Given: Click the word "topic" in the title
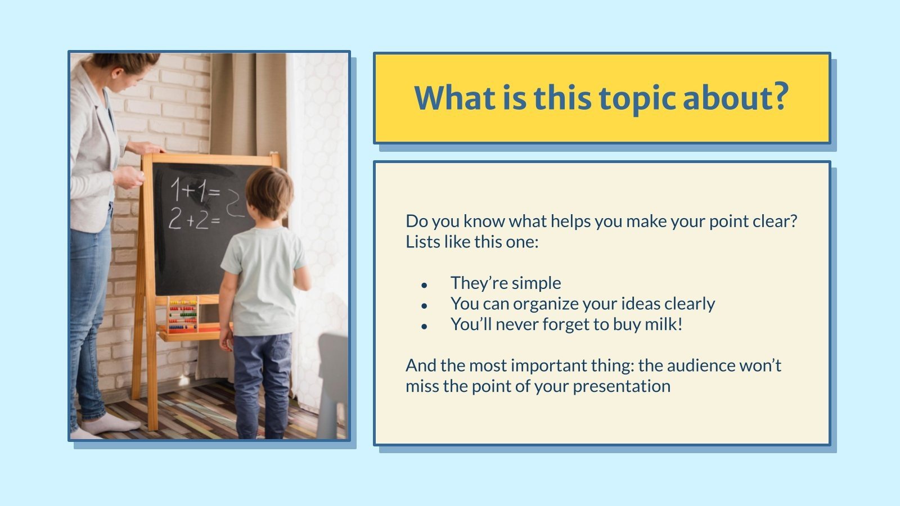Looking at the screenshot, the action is tap(637, 99).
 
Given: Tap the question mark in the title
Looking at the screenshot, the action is tap(780, 97).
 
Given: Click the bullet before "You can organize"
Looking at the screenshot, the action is tap(424, 306).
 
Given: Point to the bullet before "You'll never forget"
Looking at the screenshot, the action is tap(424, 327).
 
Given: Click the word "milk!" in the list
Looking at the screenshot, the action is tap(663, 324).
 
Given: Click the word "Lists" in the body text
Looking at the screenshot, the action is tap(423, 242).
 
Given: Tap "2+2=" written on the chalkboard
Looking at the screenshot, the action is tap(194, 219).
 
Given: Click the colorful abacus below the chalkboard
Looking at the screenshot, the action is tap(183, 315).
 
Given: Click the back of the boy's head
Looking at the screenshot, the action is tap(269, 193).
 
